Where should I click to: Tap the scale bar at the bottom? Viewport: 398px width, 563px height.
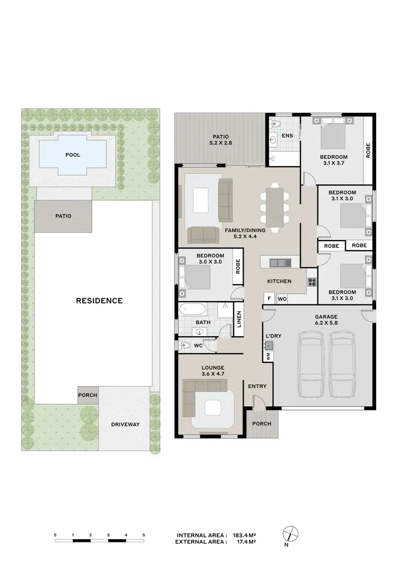pos(99,541)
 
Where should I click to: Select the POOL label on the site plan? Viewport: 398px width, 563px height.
pos(73,155)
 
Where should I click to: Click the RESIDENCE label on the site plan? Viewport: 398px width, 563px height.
pos(99,301)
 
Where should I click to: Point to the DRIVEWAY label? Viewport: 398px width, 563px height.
pos(125,424)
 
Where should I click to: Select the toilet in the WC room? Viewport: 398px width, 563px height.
pos(186,346)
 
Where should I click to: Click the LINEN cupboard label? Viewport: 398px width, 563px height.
pos(239,319)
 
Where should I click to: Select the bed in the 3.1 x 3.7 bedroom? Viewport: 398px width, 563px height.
pos(333,136)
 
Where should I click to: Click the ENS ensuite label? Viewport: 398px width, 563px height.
pos(287,136)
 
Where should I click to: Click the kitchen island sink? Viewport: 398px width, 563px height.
pos(277,262)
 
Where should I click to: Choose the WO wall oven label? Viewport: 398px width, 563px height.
pos(282,299)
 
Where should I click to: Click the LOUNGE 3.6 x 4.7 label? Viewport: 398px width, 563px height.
pos(213,370)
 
